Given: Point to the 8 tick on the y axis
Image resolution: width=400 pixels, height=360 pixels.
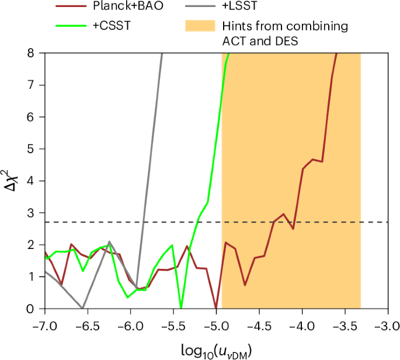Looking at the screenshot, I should [37, 53].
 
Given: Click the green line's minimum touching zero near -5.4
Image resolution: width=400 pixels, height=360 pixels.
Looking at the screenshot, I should [182, 307].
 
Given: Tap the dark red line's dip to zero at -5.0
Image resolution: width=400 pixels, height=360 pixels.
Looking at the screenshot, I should [217, 307].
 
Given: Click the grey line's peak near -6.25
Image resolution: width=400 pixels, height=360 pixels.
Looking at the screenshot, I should [109, 241].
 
